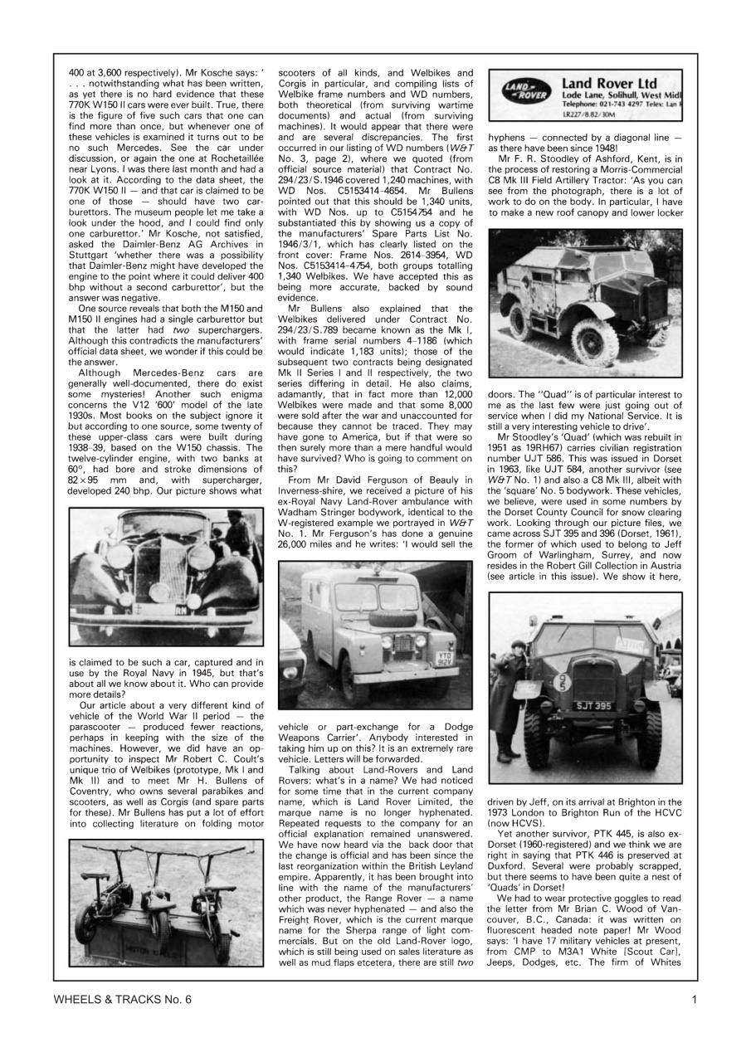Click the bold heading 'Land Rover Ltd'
tap(609, 84)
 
